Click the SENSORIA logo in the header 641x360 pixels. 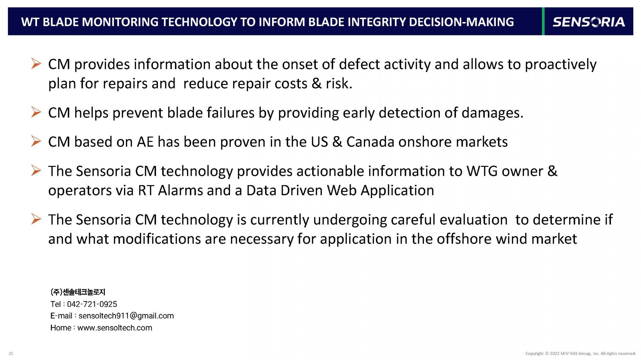pos(589,22)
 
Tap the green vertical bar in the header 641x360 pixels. pos(543,21)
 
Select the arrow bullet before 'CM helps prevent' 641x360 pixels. pos(36,112)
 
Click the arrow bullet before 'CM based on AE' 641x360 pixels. pos(36,141)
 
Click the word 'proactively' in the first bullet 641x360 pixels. pos(561,65)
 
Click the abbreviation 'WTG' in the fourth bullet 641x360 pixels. pos(482,171)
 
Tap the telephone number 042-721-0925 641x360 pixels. pos(92,304)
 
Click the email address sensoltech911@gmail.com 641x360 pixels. pos(126,316)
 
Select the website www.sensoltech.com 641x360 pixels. pos(115,328)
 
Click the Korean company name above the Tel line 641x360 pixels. pos(78,292)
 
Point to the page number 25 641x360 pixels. pos(11,353)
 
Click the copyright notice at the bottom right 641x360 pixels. pos(581,353)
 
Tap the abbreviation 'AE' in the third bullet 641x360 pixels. pos(145,142)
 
